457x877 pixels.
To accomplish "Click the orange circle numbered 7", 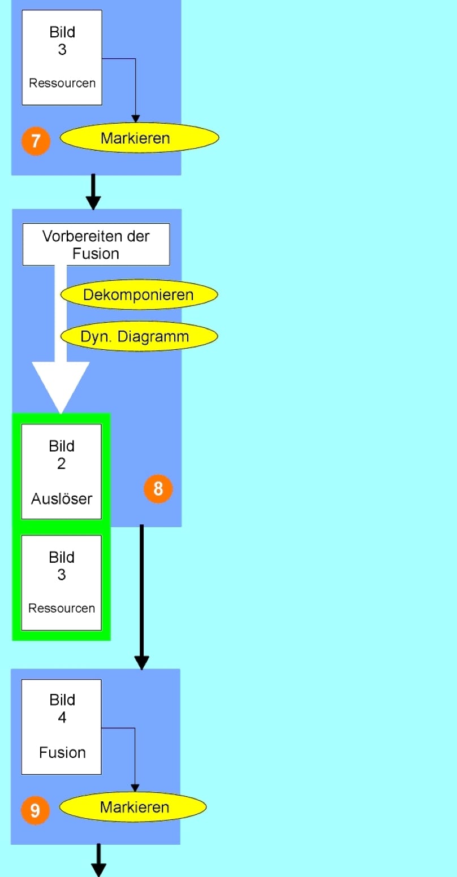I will tap(36, 141).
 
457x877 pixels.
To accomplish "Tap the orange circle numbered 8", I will tap(158, 488).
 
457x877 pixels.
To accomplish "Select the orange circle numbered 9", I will tap(35, 811).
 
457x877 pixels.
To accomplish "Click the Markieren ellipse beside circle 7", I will tap(139, 138).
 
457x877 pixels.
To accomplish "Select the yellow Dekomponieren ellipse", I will tap(139, 294).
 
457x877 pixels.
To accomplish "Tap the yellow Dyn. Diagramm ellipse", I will tap(139, 337).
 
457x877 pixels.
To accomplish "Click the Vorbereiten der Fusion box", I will tap(96, 244).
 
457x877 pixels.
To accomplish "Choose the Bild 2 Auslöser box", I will tap(61, 471).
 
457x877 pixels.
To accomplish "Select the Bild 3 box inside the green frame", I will tap(61, 582).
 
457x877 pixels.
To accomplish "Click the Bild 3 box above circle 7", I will tap(62, 57).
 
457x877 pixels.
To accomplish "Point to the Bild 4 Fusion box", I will tap(61, 726).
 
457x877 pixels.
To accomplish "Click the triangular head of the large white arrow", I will tap(61, 384).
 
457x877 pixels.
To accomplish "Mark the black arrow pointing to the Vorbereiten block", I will tap(93, 192).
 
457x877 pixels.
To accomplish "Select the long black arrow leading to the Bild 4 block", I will tap(141, 599).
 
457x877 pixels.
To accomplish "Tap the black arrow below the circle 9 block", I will tap(99, 860).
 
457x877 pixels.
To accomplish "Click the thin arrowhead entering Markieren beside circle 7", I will tap(135, 119).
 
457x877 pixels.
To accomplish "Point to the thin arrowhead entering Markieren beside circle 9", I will tap(135, 788).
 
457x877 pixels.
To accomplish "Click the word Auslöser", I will tap(62, 499).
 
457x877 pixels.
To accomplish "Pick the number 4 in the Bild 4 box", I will tap(62, 718).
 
